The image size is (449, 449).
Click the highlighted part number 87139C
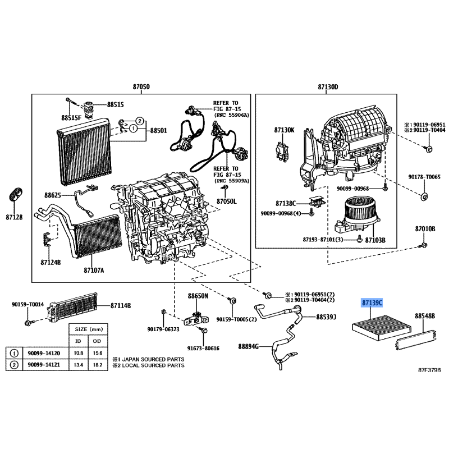(372, 303)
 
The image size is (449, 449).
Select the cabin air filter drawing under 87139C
(382, 327)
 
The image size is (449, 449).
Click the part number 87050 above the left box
(141, 86)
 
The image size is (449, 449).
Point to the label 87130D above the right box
(328, 86)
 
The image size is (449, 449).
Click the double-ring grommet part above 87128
(16, 195)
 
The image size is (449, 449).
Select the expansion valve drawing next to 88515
(88, 109)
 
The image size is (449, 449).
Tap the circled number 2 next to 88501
(139, 121)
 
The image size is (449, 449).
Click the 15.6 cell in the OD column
(97, 353)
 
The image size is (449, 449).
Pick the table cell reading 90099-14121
(44, 365)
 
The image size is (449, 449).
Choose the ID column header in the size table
(78, 341)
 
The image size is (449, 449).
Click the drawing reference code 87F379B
(429, 370)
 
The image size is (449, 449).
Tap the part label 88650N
(198, 296)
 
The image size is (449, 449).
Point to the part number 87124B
(51, 262)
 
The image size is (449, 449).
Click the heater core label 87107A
(94, 270)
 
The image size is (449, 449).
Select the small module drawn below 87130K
(282, 151)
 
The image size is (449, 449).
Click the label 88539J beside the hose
(326, 317)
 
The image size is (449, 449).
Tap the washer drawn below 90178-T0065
(424, 197)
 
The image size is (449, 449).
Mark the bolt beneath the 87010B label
(424, 245)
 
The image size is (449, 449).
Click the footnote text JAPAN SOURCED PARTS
(153, 359)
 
